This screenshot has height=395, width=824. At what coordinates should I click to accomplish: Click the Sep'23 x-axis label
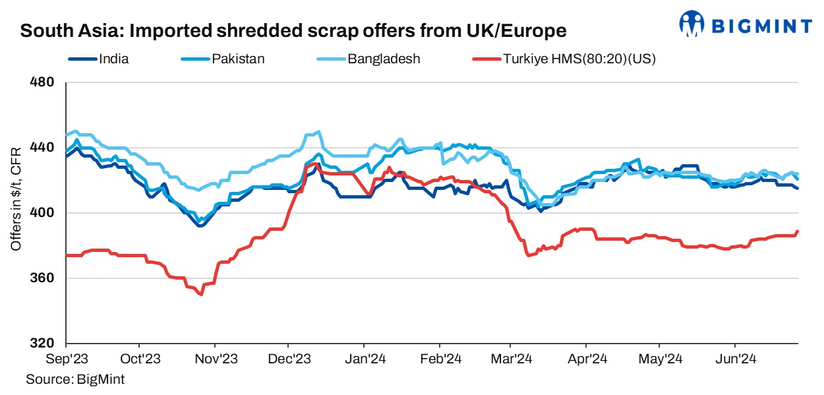click(x=67, y=360)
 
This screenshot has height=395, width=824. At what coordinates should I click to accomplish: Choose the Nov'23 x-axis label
click(x=216, y=360)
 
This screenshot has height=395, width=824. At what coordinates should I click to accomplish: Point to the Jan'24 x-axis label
click(x=365, y=360)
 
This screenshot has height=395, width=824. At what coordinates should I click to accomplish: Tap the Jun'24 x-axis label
click(x=736, y=360)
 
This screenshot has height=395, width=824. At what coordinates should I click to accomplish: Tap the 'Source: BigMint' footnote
click(x=75, y=379)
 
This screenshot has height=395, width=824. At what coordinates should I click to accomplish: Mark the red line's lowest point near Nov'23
click(x=200, y=294)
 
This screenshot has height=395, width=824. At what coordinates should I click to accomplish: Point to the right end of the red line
click(x=798, y=231)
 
